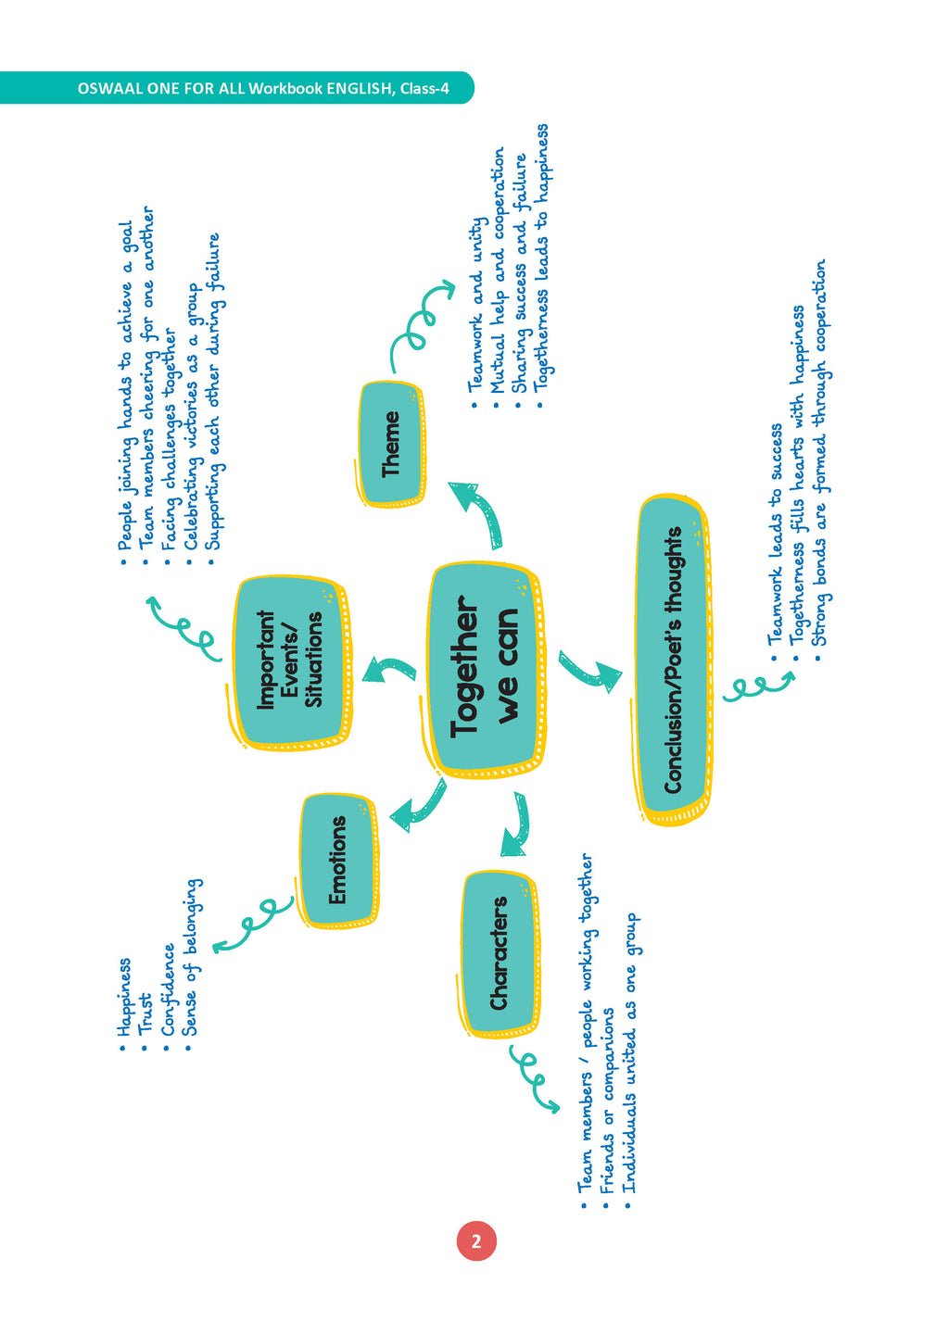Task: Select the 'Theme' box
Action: pos(391,444)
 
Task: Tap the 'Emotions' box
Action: pos(337,859)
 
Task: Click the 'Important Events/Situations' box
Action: pos(289,660)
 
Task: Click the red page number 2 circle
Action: pos(476,1241)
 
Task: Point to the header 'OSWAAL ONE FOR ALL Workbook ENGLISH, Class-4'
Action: pos(263,89)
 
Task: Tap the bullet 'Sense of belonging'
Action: pos(191,959)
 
